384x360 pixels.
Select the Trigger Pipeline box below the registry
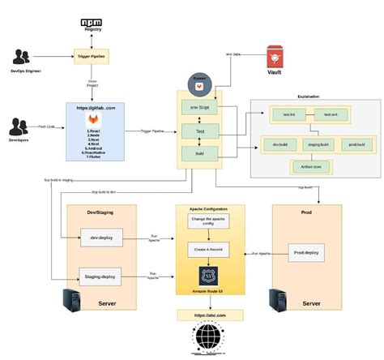pos(94,57)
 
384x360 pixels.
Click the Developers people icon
pos(20,128)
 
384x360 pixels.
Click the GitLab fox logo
pos(94,119)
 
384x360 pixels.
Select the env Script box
pos(199,107)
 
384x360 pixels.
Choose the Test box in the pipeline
pos(199,130)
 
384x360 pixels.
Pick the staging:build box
pos(318,146)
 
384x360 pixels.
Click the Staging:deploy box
pos(101,275)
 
